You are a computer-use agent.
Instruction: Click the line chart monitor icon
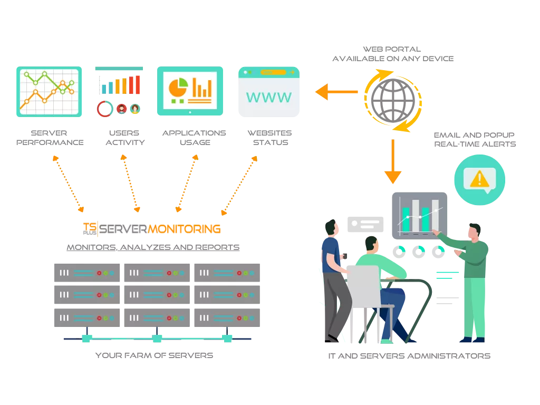pyautogui.click(x=49, y=91)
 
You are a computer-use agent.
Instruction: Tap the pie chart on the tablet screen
pyautogui.click(x=178, y=85)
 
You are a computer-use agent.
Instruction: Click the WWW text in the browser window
pyautogui.click(x=268, y=97)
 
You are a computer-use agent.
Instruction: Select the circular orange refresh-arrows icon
pyautogui.click(x=392, y=100)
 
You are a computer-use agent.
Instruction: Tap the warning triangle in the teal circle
pyautogui.click(x=479, y=179)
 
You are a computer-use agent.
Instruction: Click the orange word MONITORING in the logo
pyautogui.click(x=185, y=229)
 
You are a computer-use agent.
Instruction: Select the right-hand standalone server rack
pyautogui.click(x=227, y=295)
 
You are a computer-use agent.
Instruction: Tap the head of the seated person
pyautogui.click(x=371, y=244)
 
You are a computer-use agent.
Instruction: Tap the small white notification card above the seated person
pyautogui.click(x=364, y=224)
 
